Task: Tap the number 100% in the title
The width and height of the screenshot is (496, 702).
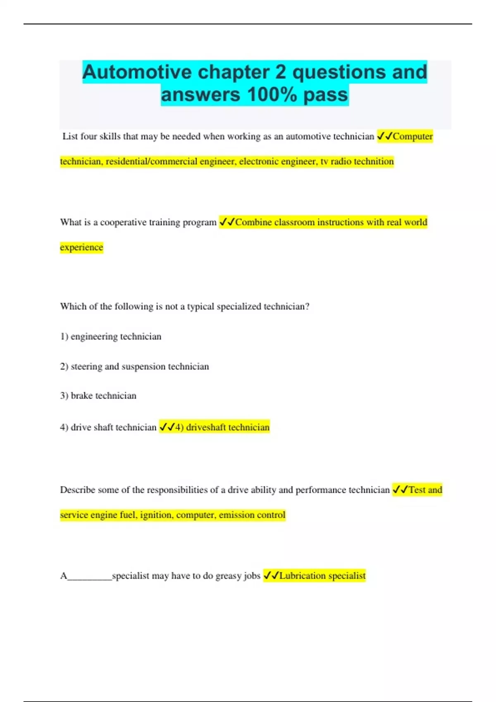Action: click(272, 95)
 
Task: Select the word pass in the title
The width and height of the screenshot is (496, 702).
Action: click(326, 95)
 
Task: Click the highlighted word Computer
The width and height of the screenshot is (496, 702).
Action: click(413, 136)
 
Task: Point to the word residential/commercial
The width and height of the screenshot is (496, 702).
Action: click(151, 161)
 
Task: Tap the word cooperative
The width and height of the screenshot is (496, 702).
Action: click(123, 223)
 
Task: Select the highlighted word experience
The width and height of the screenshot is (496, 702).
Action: click(81, 247)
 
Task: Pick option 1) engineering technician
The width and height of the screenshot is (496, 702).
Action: click(111, 337)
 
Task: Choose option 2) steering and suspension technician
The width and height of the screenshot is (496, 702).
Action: click(134, 366)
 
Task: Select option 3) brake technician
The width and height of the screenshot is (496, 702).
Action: click(98, 396)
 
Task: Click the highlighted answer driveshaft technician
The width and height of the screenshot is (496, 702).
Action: click(227, 427)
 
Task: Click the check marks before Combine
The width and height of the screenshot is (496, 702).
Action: click(227, 222)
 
